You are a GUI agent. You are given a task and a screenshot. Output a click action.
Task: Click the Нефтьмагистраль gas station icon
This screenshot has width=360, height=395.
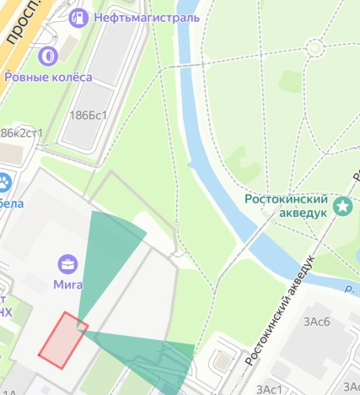click(x=78, y=16)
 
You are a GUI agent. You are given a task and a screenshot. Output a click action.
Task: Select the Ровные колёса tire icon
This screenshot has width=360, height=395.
click(x=48, y=57)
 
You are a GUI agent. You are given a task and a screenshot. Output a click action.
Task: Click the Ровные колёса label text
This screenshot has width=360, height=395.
click(x=48, y=77)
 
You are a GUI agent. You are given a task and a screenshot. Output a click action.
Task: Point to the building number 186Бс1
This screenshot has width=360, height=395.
click(x=89, y=115)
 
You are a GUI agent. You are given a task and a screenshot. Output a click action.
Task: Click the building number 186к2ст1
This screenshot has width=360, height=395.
click(x=20, y=133)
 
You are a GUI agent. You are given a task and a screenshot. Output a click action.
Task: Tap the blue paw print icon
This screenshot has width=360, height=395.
click(x=5, y=182)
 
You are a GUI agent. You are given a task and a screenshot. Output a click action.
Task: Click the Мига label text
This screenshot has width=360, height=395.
click(x=67, y=284)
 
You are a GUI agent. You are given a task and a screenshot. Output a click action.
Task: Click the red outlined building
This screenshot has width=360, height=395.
click(x=63, y=339)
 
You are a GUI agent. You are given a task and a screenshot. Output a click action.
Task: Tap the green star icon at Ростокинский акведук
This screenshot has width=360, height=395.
click(x=343, y=206)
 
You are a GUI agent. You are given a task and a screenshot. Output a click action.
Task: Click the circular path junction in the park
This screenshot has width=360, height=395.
click(x=315, y=47)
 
